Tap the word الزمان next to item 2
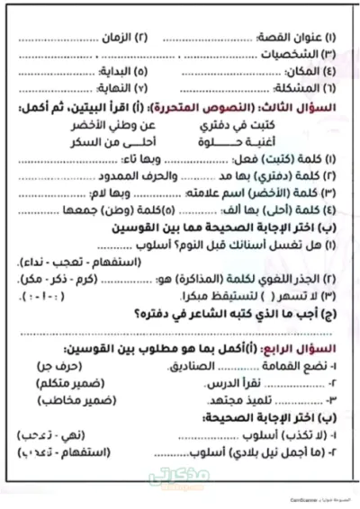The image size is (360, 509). tap(155, 39)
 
